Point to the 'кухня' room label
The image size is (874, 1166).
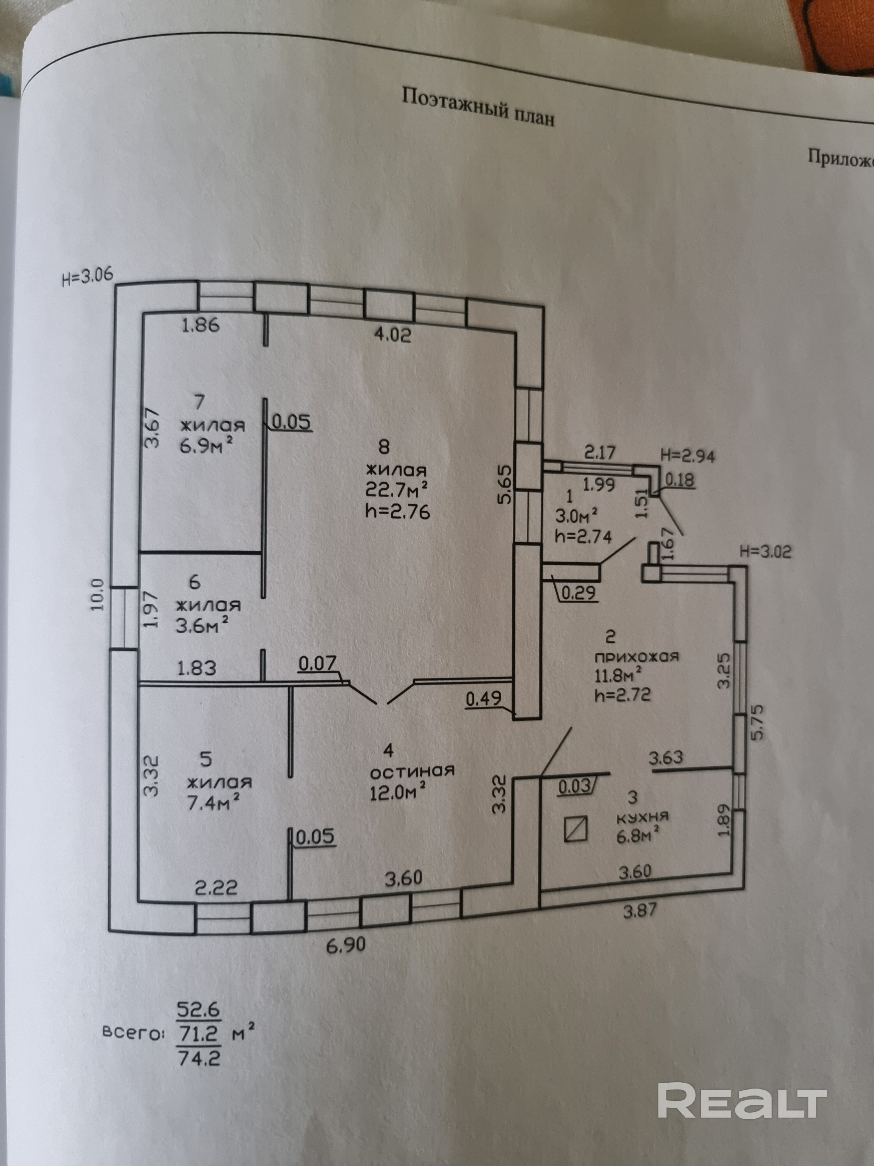(642, 817)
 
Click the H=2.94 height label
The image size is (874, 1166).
(688, 456)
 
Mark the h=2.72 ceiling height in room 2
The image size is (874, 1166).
(622, 695)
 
